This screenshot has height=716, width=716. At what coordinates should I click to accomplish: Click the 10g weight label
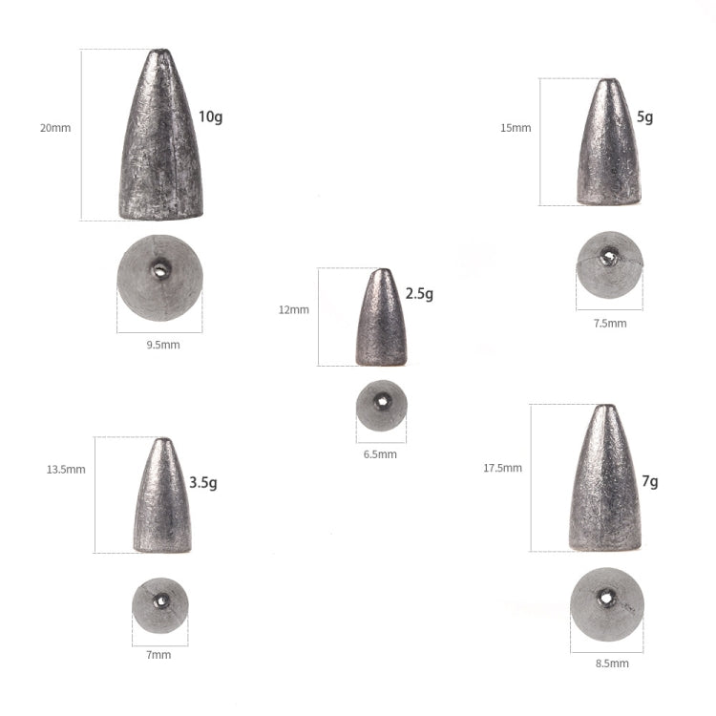pos(210,117)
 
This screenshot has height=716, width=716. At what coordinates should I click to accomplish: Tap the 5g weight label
pos(644,117)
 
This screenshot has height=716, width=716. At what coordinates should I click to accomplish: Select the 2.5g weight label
pos(419,294)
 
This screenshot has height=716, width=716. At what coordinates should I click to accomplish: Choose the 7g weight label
pos(649,481)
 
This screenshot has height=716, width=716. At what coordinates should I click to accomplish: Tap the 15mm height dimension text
pos(516,128)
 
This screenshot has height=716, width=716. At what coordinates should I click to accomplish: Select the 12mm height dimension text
pos(294,309)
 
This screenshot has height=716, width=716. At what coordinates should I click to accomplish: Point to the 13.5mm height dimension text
pos(66,470)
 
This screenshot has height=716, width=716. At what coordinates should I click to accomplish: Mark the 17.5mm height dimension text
pos(502,468)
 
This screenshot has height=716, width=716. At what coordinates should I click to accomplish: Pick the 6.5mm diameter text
pos(380,454)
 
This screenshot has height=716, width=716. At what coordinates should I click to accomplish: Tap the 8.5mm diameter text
pos(612,663)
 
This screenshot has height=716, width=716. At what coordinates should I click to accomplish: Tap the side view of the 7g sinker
pos(605,482)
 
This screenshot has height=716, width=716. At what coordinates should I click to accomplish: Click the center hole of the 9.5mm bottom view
pos(159,270)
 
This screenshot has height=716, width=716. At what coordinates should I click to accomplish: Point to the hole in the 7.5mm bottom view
pos(608,255)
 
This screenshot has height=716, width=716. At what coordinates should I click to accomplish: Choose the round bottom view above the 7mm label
pos(160,605)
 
